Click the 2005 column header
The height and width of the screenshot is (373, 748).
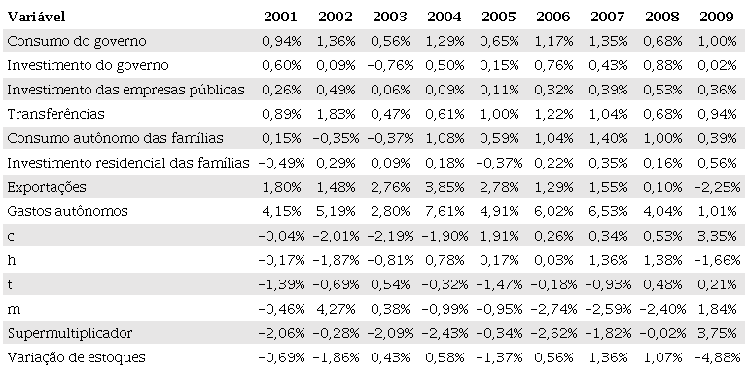tap(500, 16)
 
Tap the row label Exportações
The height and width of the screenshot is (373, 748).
tap(47, 186)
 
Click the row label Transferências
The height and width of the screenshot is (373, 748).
tap(50, 113)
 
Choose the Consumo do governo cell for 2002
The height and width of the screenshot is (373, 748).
tap(337, 40)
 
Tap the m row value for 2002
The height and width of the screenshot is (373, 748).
tap(337, 309)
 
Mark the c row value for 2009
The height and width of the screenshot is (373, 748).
tap(717, 236)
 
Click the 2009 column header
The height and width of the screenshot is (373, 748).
tap(717, 16)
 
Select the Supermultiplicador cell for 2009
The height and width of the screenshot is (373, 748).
tap(717, 333)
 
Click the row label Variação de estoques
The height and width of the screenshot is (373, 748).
tap(76, 357)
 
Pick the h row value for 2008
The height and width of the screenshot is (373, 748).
tap(662, 260)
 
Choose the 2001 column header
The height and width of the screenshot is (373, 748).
tap(282, 16)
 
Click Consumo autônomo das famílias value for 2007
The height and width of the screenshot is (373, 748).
tap(609, 137)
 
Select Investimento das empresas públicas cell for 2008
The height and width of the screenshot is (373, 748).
tap(662, 89)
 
